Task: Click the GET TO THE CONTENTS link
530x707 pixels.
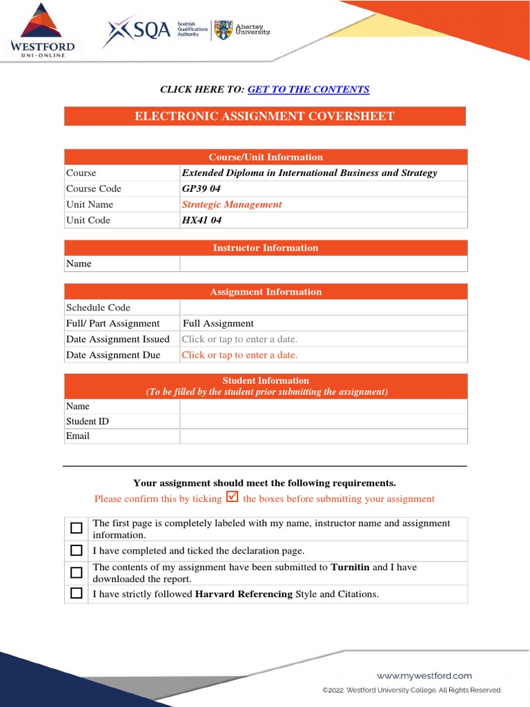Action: pos(308,89)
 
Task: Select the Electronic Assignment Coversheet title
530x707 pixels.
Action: pos(264,116)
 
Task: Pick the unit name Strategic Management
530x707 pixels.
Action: pos(232,204)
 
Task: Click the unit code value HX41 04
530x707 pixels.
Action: pos(202,220)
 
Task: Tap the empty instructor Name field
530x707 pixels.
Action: pos(323,264)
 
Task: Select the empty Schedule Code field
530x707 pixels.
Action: pos(323,307)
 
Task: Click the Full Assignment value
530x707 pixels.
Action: pos(218,323)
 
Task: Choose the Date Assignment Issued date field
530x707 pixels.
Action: pos(239,339)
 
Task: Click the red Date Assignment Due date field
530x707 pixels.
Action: pos(239,355)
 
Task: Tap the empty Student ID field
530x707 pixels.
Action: pos(323,421)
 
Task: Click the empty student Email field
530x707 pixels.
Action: pos(323,436)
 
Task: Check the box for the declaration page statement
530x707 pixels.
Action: pos(77,551)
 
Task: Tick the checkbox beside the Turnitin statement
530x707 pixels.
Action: pos(77,572)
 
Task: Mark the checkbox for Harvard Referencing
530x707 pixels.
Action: pos(77,593)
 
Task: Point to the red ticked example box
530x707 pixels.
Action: pos(233,497)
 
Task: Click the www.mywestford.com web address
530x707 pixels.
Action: pos(424,676)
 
